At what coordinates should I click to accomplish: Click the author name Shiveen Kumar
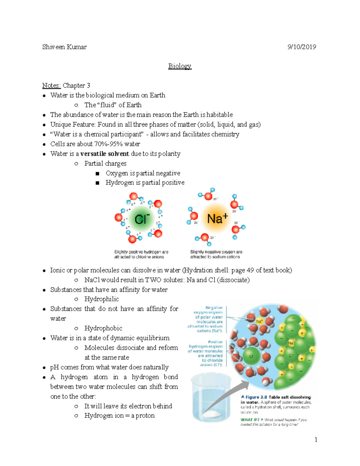[64, 47]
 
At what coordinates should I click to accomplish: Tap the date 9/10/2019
[301, 47]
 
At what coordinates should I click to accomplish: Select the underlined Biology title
[180, 66]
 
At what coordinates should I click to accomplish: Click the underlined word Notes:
[51, 86]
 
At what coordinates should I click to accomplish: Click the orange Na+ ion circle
[217, 218]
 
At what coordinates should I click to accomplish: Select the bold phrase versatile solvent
[105, 154]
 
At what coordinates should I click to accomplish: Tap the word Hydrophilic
[101, 299]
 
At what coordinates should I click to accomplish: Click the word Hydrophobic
[103, 328]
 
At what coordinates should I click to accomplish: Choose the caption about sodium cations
[216, 254]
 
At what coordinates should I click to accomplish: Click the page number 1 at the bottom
[316, 440]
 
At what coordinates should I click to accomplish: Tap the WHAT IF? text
[250, 420]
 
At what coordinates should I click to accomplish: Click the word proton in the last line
[145, 416]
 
